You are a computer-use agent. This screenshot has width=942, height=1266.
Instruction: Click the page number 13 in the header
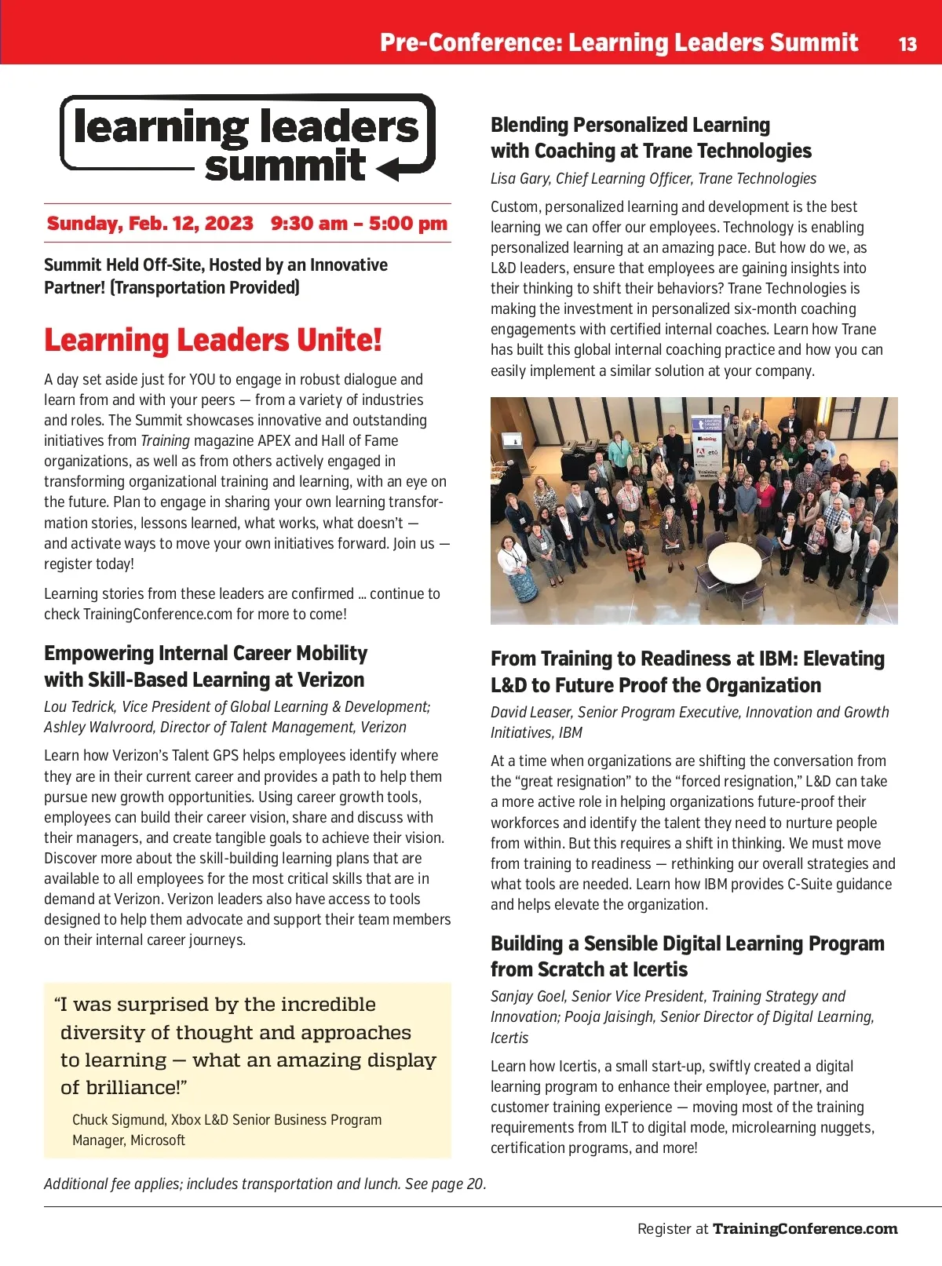pyautogui.click(x=907, y=44)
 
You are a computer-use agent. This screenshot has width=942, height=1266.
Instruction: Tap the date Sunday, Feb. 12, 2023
pyautogui.click(x=150, y=224)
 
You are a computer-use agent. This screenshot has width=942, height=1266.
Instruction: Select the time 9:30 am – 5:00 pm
pyautogui.click(x=359, y=224)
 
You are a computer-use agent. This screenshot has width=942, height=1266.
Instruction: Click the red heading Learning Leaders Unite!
pyautogui.click(x=213, y=341)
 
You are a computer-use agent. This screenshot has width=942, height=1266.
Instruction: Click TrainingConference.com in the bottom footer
pyautogui.click(x=805, y=1229)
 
